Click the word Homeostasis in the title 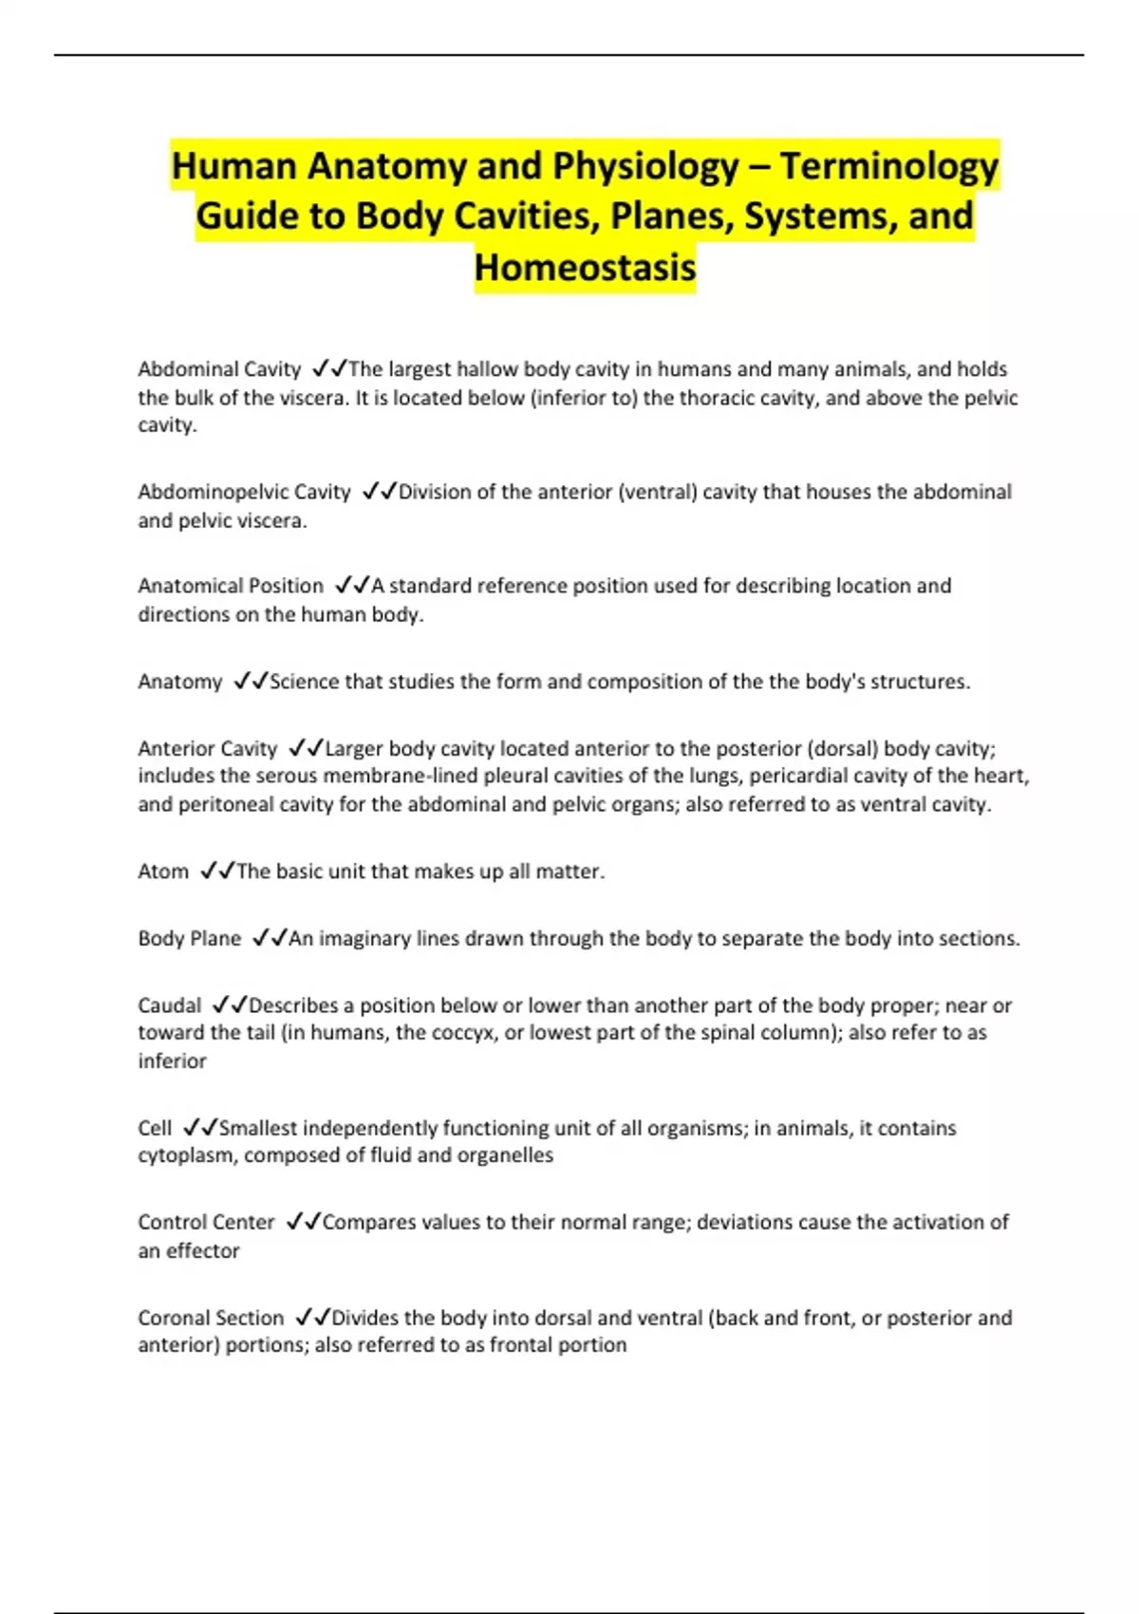585,267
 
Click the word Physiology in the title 645,166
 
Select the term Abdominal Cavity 219,369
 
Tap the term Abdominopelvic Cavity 244,492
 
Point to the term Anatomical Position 231,586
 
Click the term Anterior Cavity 207,748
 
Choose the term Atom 163,872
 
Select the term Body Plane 190,938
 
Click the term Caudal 170,1005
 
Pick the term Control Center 206,1222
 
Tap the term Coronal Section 211,1318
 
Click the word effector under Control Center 203,1250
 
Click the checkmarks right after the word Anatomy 251,682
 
